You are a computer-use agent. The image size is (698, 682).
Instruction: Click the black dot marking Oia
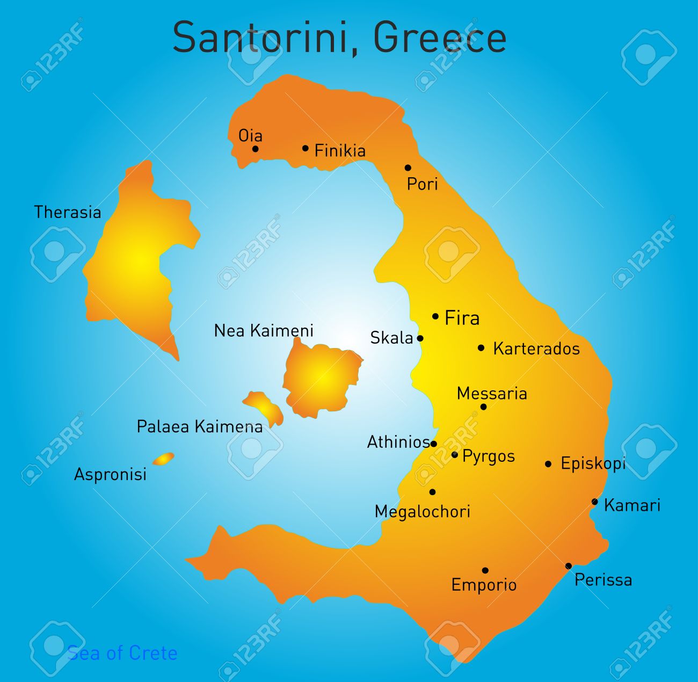256,149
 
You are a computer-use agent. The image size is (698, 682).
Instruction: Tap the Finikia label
340,151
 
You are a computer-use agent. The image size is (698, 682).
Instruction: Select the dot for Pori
408,168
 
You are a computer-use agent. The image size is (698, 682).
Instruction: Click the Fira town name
462,318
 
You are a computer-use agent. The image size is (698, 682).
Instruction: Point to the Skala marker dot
420,338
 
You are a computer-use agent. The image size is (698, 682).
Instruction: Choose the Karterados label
536,349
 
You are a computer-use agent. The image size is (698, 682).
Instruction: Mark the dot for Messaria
483,407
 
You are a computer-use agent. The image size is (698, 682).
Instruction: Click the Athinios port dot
434,444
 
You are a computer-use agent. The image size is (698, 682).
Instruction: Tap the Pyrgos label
489,456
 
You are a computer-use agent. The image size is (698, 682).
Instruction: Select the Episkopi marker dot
548,464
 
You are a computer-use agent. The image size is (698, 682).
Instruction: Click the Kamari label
632,505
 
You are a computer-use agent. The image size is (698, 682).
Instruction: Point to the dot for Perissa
569,566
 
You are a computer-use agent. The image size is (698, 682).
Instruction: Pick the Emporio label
484,585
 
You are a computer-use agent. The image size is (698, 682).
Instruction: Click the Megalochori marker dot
432,492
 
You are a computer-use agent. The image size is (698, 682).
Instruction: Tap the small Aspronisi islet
163,459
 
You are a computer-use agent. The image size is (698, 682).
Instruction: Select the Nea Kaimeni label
264,331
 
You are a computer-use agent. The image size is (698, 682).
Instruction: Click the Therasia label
68,213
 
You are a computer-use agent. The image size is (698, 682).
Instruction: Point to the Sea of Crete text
122,653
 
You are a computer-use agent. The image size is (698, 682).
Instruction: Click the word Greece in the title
440,38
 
